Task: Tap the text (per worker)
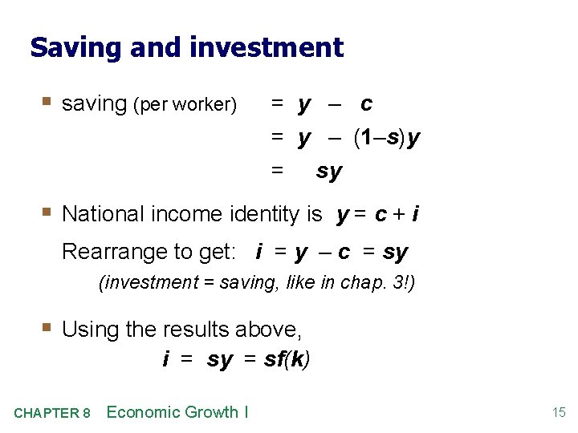185,105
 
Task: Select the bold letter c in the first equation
366,103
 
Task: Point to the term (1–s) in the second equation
377,138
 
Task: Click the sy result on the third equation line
329,172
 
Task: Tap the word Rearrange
114,253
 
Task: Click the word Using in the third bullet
87,329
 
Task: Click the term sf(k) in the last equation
287,359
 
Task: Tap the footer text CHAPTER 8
52,414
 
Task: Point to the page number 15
559,413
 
